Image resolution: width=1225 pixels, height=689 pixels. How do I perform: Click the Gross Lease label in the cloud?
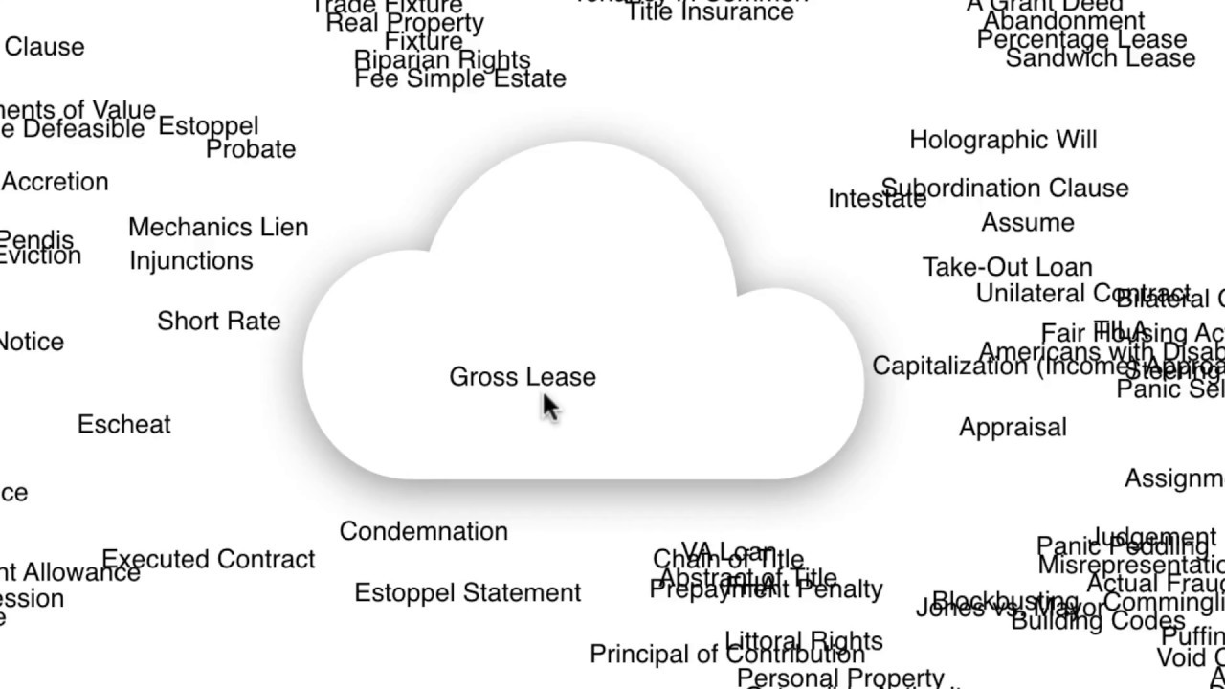(x=523, y=377)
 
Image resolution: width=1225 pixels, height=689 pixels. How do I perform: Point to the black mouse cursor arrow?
(x=549, y=406)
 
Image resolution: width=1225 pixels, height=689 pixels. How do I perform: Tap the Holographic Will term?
(x=1003, y=140)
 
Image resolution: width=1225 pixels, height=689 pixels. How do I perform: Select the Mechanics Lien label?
(x=218, y=228)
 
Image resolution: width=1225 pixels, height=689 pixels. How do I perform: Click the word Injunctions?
(x=191, y=260)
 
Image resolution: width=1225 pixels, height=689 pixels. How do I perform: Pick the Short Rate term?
(x=219, y=321)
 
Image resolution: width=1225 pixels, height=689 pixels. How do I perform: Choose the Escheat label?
(x=124, y=424)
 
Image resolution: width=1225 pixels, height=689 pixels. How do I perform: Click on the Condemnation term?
(x=423, y=531)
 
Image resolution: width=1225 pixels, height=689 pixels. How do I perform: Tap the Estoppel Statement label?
(x=468, y=593)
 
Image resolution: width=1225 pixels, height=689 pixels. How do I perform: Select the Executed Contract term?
(x=209, y=559)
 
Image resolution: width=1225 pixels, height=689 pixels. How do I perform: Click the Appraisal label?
(x=1013, y=427)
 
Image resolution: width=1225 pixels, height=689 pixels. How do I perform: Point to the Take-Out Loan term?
(x=1007, y=267)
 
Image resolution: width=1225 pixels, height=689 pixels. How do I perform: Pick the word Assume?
(x=1028, y=223)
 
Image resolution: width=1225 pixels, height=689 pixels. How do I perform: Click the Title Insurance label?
(x=709, y=11)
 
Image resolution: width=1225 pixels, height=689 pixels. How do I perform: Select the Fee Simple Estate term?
(x=460, y=79)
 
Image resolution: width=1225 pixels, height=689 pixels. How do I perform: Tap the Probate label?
(x=251, y=149)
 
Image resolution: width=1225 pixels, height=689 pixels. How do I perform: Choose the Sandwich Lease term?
(x=1101, y=58)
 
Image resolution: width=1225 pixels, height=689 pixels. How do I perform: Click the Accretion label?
(x=55, y=182)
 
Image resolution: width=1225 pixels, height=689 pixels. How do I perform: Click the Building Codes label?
(x=1097, y=621)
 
